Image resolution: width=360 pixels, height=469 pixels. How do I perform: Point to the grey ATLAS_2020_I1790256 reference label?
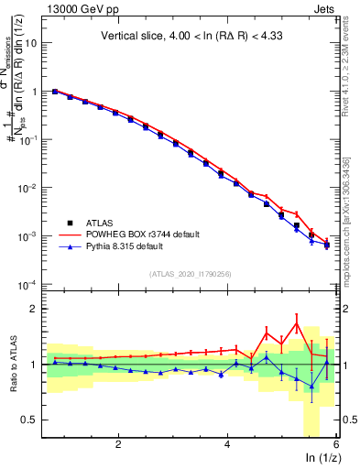pyautogui.click(x=191, y=273)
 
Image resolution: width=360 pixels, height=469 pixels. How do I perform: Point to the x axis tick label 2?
pyautogui.click(x=118, y=444)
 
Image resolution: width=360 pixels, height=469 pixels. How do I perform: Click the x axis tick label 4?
pyautogui.click(x=227, y=444)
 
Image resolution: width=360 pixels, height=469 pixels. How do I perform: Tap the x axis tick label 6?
pyautogui.click(x=335, y=444)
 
